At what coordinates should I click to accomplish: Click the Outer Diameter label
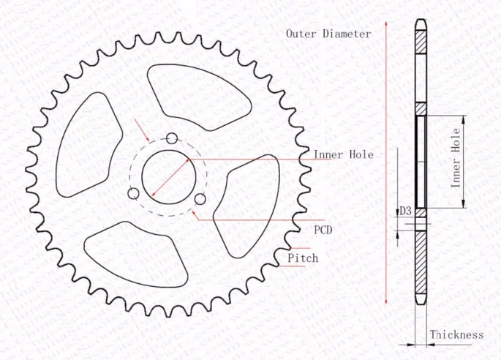point(328,34)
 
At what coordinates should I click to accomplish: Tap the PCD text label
point(323,230)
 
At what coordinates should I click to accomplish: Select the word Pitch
point(303,258)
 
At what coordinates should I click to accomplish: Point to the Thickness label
point(456,334)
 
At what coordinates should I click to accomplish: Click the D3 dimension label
point(405,211)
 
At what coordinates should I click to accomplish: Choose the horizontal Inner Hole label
point(343,154)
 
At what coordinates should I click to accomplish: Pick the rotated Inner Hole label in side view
point(456,157)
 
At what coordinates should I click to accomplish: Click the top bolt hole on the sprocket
point(172,138)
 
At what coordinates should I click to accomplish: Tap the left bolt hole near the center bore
point(133,193)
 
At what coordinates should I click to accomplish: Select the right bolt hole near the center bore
point(199,198)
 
